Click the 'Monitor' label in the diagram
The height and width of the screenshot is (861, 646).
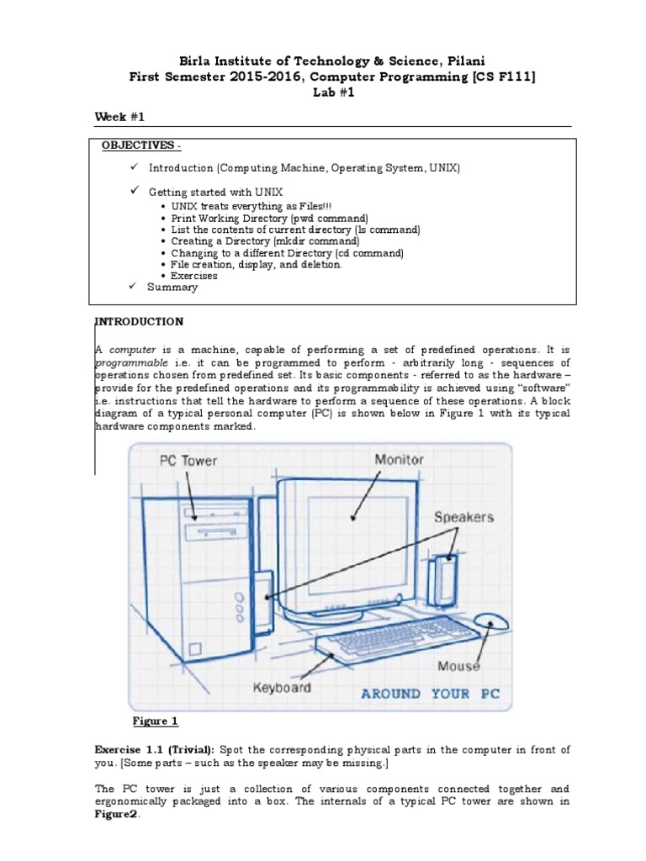(x=399, y=460)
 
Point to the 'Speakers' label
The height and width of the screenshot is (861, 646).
(x=463, y=517)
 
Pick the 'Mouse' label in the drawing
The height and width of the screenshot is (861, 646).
(x=458, y=666)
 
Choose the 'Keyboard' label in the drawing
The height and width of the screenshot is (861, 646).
(x=282, y=687)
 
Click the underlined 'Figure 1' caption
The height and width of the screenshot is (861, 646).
(x=156, y=721)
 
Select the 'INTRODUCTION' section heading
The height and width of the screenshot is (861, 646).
(x=139, y=321)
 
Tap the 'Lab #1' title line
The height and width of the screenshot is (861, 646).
(x=322, y=93)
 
